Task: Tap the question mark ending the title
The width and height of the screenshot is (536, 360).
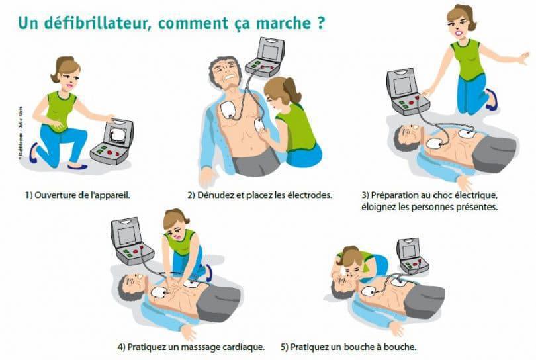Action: click(x=320, y=22)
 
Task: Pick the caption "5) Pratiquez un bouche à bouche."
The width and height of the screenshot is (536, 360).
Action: click(x=349, y=347)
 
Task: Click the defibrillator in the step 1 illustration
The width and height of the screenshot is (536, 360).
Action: click(x=112, y=143)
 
